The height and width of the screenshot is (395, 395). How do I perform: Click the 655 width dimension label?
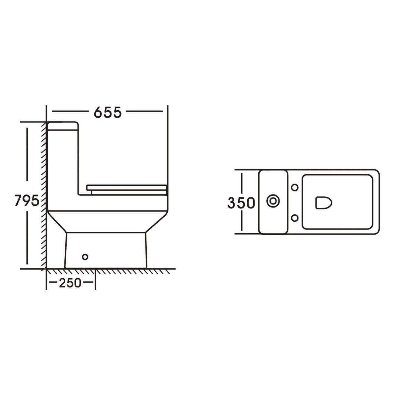[108, 112]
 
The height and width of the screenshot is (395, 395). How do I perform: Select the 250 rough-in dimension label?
[70, 283]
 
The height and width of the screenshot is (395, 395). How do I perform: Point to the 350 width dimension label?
[241, 203]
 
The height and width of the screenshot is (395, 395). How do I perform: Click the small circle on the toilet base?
[85, 257]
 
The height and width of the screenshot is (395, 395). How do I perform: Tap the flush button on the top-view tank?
[273, 201]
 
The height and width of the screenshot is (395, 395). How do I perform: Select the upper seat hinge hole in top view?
[294, 187]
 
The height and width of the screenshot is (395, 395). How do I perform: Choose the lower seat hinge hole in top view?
[294, 218]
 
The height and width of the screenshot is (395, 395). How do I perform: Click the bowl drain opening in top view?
[324, 203]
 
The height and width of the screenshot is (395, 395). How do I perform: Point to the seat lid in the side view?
[127, 187]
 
